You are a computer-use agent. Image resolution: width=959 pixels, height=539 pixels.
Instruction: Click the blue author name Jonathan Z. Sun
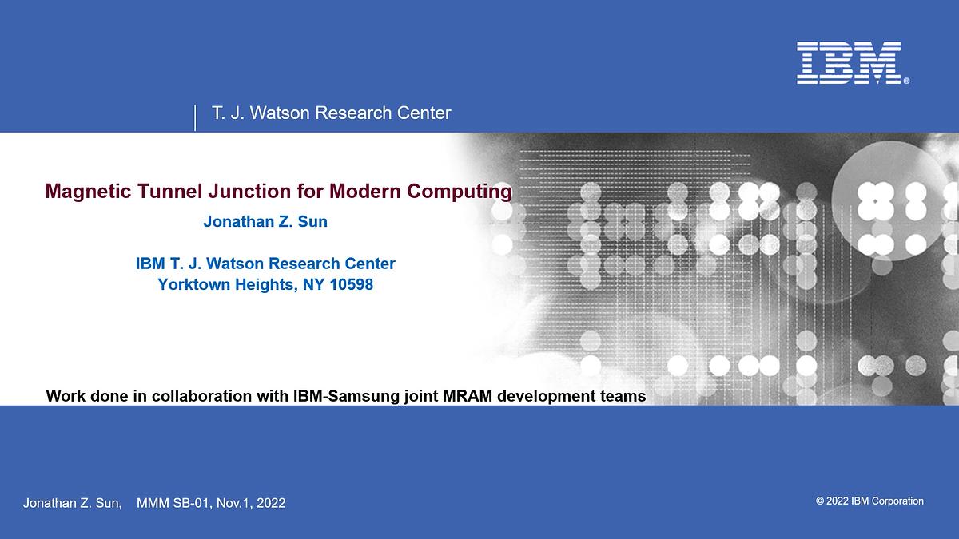pos(265,221)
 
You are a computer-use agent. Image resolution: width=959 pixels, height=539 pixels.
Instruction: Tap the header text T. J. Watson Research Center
pos(331,113)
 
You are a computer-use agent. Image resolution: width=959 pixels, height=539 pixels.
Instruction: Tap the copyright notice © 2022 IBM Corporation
pos(869,501)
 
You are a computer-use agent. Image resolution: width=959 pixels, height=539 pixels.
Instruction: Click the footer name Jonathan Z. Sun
pos(72,503)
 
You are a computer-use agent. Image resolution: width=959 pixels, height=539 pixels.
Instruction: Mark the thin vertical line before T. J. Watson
pos(196,117)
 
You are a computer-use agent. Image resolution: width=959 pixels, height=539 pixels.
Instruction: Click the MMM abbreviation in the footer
pos(153,503)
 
